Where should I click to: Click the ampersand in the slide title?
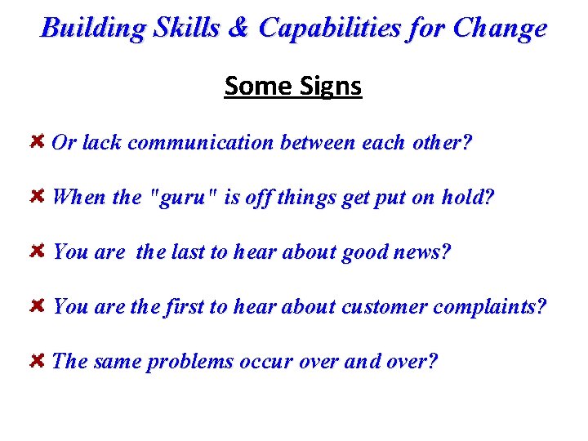[x=237, y=28]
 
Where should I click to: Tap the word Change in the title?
[x=499, y=29]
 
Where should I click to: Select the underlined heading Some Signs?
[x=293, y=86]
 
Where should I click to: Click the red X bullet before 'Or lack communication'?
[x=37, y=142]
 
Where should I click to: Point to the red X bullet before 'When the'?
[x=37, y=197]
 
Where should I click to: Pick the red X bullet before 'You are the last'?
[x=37, y=252]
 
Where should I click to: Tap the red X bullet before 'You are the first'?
[x=37, y=306]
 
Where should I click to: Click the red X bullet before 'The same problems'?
[x=37, y=361]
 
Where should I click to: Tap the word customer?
[x=384, y=308]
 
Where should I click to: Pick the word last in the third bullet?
[x=189, y=252]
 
